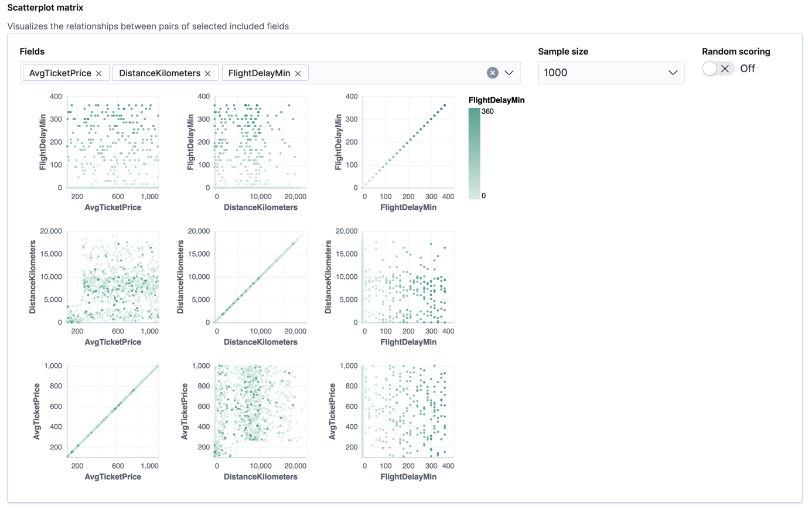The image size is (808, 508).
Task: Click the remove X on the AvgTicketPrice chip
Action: point(99,73)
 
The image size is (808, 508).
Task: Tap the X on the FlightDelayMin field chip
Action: point(298,73)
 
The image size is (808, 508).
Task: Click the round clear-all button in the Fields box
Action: point(493,73)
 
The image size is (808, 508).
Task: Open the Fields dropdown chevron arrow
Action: point(509,73)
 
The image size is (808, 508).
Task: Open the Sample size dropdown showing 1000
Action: point(611,73)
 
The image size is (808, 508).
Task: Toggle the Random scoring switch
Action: point(718,69)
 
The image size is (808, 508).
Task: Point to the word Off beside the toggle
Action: point(748,69)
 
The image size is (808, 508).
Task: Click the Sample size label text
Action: point(563,52)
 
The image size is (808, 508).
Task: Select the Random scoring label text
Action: point(736,52)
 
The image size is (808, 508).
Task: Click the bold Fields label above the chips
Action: point(32,52)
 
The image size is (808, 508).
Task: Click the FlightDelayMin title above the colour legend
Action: point(496,100)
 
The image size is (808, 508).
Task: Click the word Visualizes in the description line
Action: point(26,26)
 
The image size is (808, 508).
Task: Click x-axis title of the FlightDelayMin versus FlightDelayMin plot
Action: point(409,207)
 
